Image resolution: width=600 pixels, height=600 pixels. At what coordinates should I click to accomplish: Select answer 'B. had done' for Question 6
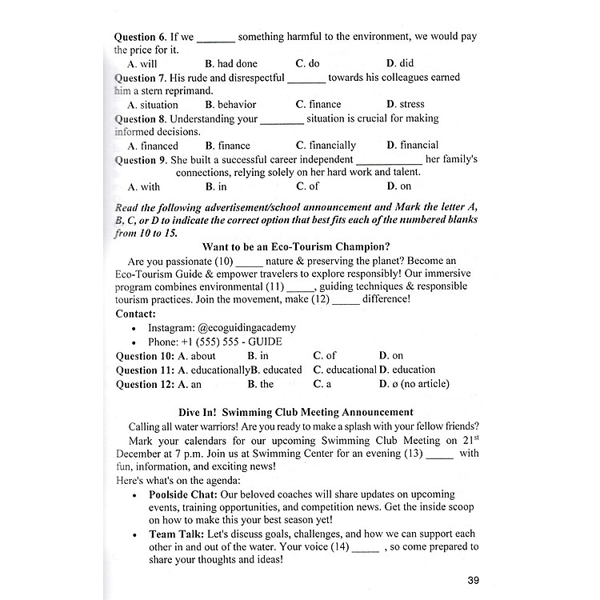(x=231, y=63)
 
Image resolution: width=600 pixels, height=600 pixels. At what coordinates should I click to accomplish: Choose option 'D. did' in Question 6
(x=400, y=63)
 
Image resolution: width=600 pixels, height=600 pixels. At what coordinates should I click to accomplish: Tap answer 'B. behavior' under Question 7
(x=230, y=104)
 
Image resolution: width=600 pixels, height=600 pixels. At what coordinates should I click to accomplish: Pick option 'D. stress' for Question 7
(x=406, y=104)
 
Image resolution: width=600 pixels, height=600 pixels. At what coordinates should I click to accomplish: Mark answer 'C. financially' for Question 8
(x=326, y=146)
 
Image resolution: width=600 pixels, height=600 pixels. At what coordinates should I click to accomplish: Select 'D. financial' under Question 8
(x=412, y=145)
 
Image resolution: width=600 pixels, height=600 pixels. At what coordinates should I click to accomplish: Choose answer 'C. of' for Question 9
(x=307, y=186)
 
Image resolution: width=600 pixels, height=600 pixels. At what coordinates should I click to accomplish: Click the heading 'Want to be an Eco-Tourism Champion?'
(x=302, y=246)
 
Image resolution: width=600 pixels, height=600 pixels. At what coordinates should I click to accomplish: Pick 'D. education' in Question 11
(x=407, y=370)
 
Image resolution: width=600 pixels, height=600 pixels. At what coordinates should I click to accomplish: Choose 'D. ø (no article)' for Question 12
(x=414, y=384)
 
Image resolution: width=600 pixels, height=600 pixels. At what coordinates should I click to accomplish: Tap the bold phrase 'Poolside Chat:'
(x=186, y=494)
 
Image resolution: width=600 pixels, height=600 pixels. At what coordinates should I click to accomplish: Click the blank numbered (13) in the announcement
(x=439, y=454)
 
